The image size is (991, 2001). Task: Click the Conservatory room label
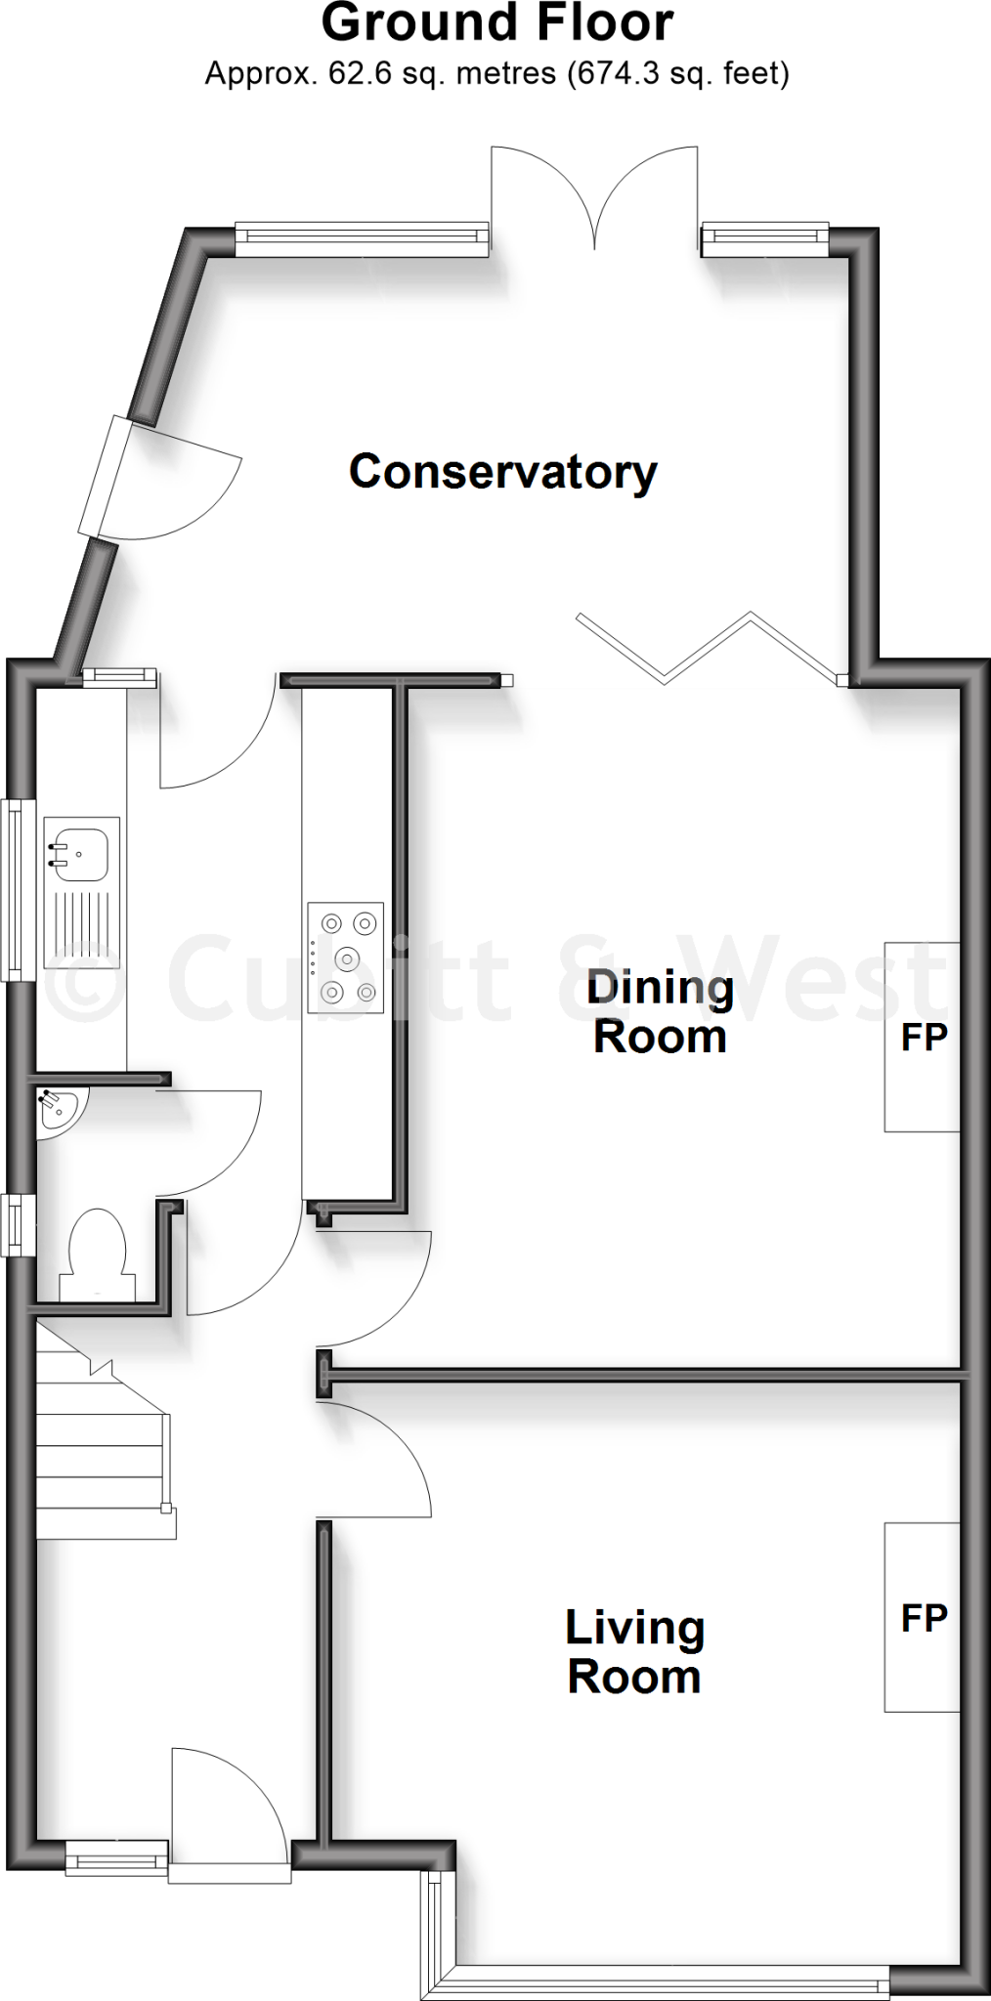pyautogui.click(x=502, y=472)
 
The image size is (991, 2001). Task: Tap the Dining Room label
pyautogui.click(x=660, y=1012)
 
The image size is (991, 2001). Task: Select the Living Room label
pyautogui.click(x=634, y=1652)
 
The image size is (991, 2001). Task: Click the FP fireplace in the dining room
pyautogui.click(x=923, y=1038)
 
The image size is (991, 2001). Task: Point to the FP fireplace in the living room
pyautogui.click(x=923, y=1618)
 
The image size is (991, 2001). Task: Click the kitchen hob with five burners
pyautogui.click(x=346, y=958)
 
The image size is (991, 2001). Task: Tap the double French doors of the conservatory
pyautogui.click(x=594, y=200)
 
